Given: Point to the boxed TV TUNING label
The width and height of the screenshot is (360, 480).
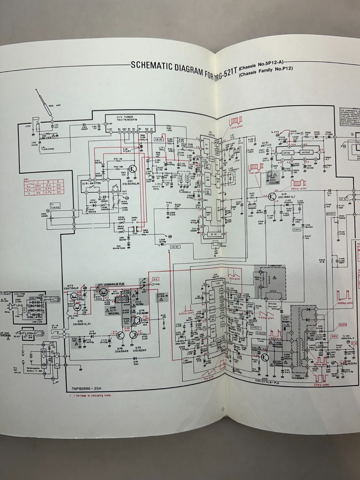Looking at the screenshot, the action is pos(55,206).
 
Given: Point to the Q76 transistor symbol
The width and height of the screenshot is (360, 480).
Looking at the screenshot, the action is pos(121,335).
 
